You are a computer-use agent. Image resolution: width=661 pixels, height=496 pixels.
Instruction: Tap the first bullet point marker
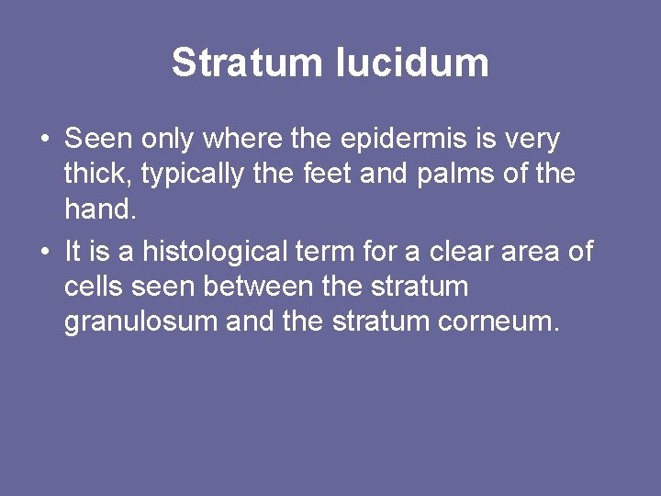point(44,141)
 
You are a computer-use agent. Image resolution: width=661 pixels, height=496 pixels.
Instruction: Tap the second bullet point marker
point(44,251)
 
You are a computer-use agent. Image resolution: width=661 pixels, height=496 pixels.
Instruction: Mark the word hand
point(99,210)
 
